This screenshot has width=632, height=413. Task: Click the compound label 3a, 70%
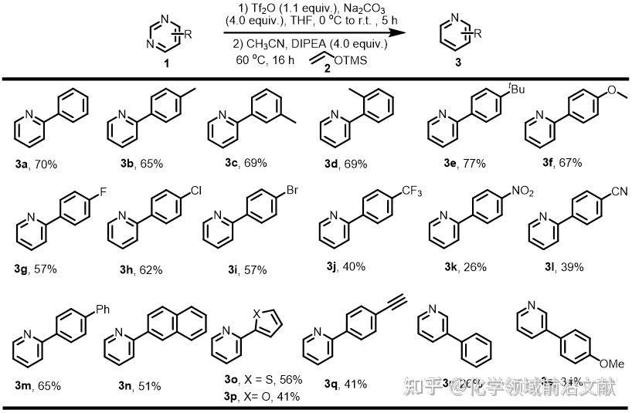(x=35, y=164)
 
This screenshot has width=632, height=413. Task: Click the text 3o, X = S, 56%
(x=258, y=381)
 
